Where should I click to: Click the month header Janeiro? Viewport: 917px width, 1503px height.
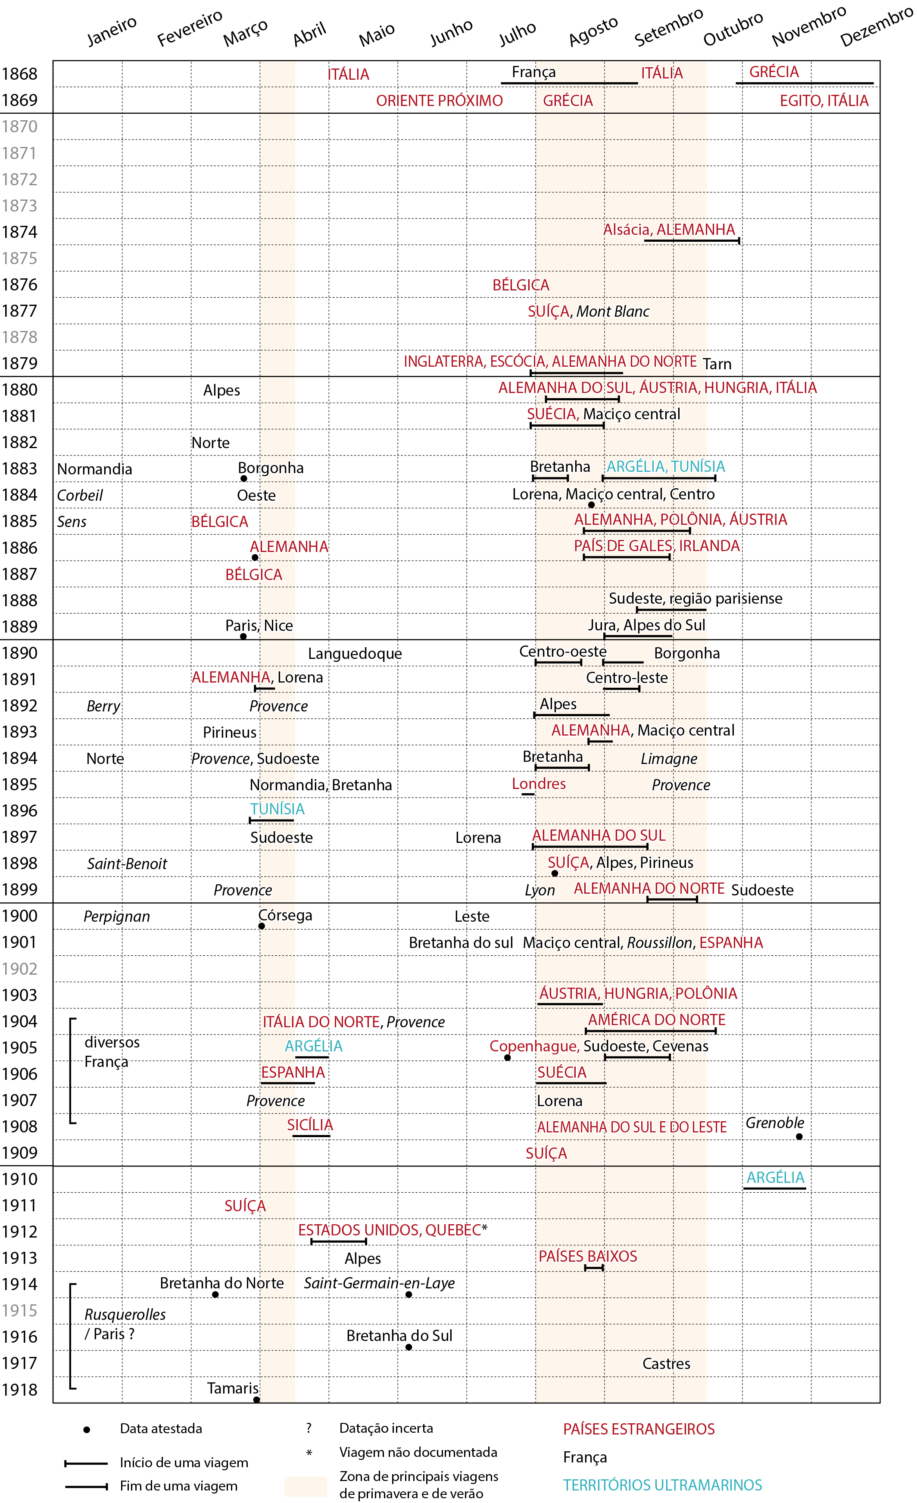click(x=112, y=31)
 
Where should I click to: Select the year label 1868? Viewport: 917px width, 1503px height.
click(x=19, y=74)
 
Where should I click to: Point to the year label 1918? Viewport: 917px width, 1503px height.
click(x=19, y=1390)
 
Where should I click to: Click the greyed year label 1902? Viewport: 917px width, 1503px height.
click(x=19, y=969)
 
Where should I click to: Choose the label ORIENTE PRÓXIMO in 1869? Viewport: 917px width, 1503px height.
click(x=439, y=101)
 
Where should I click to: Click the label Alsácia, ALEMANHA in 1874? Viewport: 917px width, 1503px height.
click(x=669, y=230)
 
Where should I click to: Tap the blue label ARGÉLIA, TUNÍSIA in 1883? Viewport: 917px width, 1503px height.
click(x=666, y=467)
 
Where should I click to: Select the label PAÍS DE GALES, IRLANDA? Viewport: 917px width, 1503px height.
click(x=656, y=546)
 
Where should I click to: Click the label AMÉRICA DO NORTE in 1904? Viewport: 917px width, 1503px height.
click(x=656, y=1020)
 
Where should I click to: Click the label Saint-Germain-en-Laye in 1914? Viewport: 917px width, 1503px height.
click(x=379, y=1283)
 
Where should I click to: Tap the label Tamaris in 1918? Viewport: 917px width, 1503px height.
click(x=232, y=1388)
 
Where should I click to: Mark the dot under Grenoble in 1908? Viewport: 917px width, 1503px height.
click(x=799, y=1136)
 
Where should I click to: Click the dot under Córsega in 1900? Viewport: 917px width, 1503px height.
click(x=262, y=926)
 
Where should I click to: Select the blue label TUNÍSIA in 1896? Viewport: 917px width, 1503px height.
click(x=277, y=809)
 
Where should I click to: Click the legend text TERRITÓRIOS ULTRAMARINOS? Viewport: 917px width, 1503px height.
click(x=662, y=1485)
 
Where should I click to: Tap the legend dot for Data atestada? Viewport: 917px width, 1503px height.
click(x=87, y=1430)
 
